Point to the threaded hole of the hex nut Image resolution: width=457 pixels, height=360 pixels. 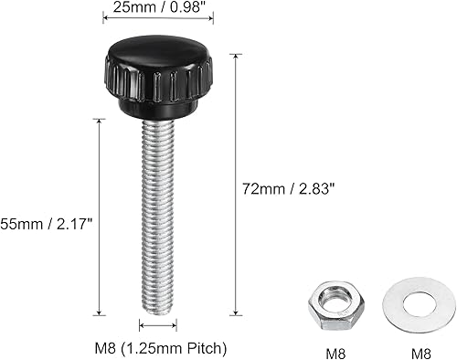coord(332,297)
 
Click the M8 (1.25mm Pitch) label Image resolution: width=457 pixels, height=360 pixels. coord(161,348)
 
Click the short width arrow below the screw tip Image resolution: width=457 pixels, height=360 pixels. coord(157,324)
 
